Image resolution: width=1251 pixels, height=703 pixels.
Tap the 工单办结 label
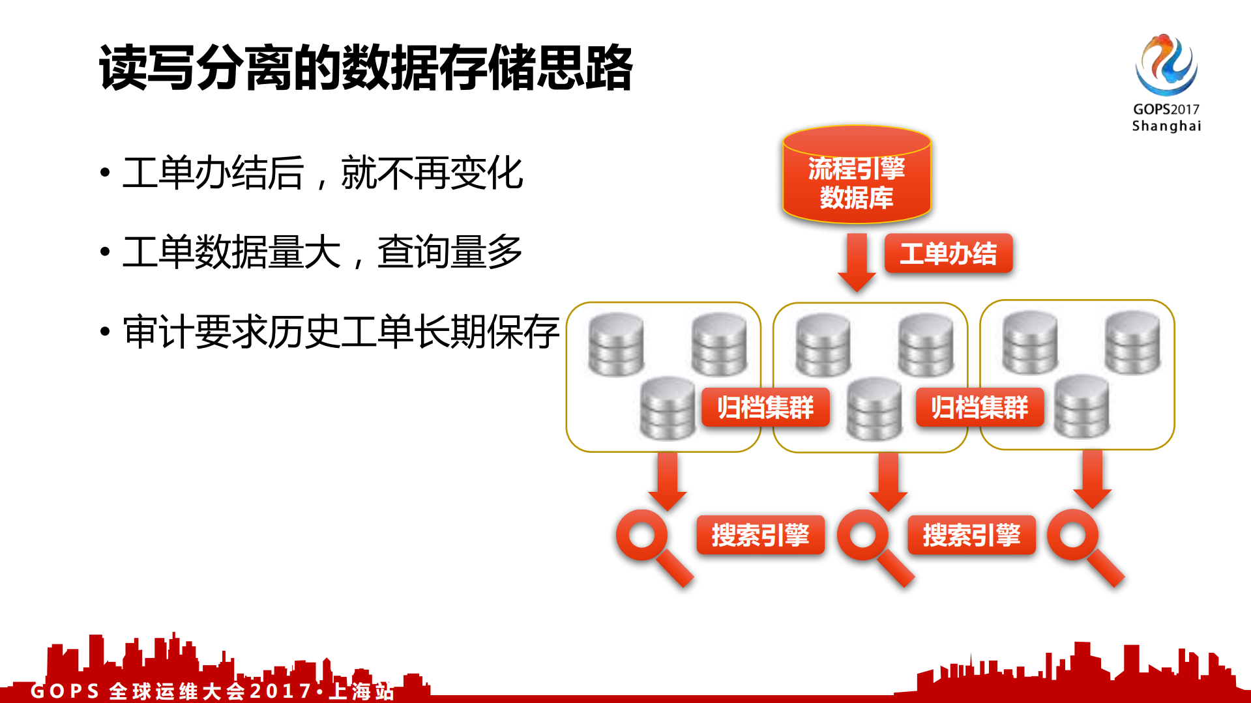pos(948,253)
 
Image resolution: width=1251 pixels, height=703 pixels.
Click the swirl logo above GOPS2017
pos(1166,65)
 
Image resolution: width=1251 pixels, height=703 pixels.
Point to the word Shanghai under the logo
pos(1166,126)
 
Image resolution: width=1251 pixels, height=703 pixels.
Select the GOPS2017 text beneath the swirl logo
pos(1166,109)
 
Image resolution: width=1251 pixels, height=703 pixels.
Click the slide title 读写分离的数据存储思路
pos(365,68)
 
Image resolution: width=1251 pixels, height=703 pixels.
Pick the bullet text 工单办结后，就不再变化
pos(323,173)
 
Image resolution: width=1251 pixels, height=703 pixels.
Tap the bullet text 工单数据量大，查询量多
pos(323,252)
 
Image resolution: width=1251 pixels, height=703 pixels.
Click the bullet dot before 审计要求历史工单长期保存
pos(105,332)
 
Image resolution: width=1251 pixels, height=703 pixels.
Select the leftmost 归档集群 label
pos(765,408)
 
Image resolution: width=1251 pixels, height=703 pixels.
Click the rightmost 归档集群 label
pos(979,408)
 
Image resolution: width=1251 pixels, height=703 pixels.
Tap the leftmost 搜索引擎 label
pos(760,536)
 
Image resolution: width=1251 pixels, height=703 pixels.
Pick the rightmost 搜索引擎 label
pos(971,536)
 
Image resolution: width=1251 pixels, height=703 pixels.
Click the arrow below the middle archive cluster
pos(888,481)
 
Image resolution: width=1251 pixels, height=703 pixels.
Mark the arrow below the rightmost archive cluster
pos(1092,479)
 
